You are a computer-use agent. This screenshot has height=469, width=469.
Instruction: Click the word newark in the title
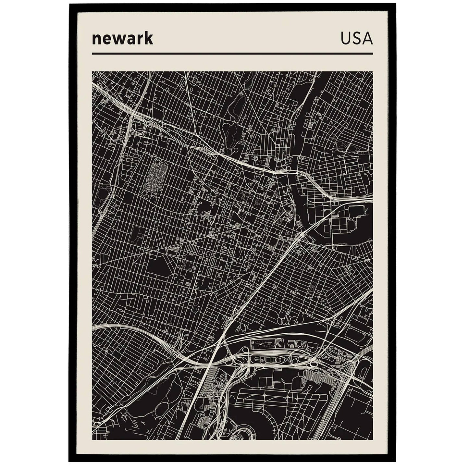click(122, 39)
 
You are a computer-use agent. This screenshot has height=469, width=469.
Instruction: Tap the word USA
click(356, 39)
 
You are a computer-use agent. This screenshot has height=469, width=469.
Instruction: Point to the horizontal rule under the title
click(232, 54)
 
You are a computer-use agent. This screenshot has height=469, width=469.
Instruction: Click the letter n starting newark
click(96, 39)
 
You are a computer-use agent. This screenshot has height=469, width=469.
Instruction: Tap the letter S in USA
click(356, 39)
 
